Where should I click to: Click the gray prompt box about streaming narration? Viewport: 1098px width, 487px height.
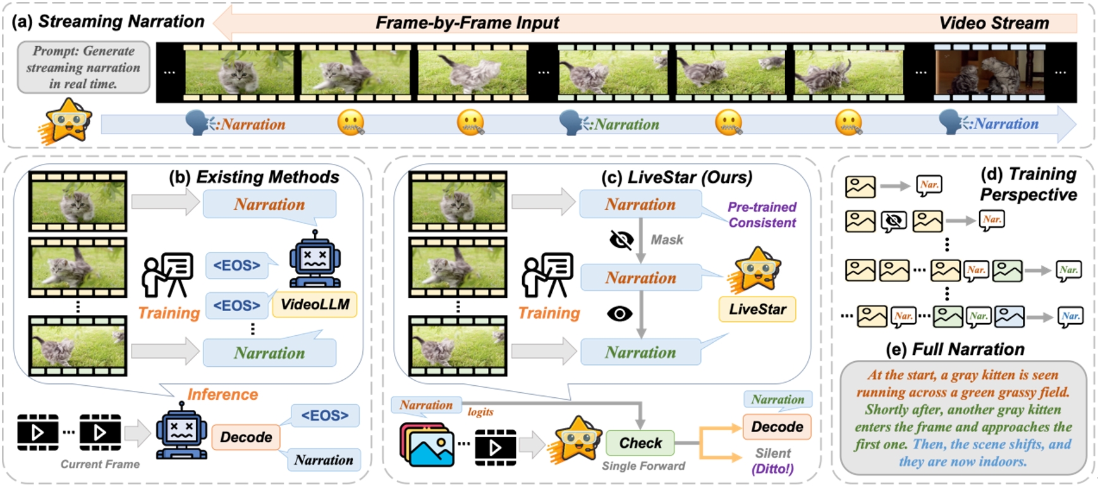pyautogui.click(x=83, y=67)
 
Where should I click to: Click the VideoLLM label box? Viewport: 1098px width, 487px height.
pyautogui.click(x=315, y=305)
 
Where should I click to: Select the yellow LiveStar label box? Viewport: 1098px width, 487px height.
pyautogui.click(x=757, y=309)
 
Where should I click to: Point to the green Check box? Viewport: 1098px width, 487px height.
pyautogui.click(x=640, y=443)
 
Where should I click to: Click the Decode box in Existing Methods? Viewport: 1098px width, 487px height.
pyautogui.click(x=246, y=437)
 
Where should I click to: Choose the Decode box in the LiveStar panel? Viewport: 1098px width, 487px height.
pyautogui.click(x=777, y=427)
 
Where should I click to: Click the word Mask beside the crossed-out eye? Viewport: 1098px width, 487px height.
pyautogui.click(x=667, y=240)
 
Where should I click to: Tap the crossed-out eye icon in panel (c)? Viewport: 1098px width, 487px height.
pyautogui.click(x=621, y=240)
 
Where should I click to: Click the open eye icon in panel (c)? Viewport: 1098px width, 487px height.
pyautogui.click(x=619, y=314)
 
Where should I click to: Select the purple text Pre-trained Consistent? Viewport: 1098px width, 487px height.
pyautogui.click(x=762, y=215)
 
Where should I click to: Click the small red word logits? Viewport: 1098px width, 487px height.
pyautogui.click(x=480, y=412)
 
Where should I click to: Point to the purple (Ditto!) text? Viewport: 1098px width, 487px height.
pyautogui.click(x=772, y=469)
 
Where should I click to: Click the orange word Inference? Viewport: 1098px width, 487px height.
pyautogui.click(x=223, y=395)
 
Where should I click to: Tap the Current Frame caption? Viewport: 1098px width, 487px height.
pyautogui.click(x=100, y=464)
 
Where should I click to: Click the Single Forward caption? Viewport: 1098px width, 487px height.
pyautogui.click(x=643, y=466)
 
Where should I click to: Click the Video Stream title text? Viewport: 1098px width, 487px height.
pyautogui.click(x=994, y=23)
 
